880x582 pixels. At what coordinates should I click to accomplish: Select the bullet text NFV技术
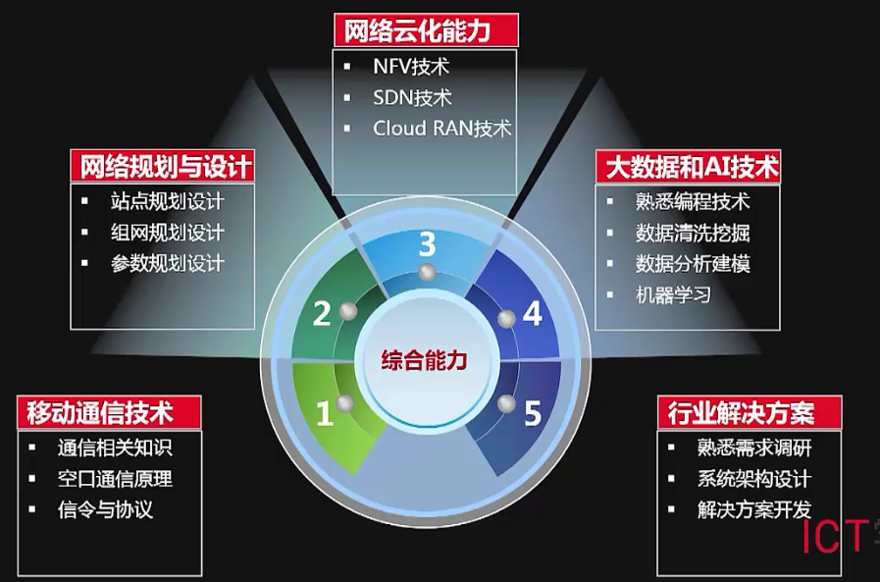coord(411,67)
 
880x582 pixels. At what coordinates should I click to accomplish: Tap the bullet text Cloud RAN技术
coord(442,128)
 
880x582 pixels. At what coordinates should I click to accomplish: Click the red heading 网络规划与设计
coord(163,165)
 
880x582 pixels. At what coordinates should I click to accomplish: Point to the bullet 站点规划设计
coord(168,202)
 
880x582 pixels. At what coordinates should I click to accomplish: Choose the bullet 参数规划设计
coord(168,263)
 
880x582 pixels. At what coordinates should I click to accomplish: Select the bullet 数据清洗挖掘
coord(693,234)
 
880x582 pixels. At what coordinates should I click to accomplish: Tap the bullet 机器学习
coord(672,294)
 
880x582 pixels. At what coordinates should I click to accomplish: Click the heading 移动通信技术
coord(109,410)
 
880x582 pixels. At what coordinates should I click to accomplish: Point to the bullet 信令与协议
coord(106,509)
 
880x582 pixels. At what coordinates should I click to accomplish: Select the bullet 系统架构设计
coord(753,479)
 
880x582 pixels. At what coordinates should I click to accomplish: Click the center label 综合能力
coord(425,360)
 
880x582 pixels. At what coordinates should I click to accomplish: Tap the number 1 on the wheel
coord(324,414)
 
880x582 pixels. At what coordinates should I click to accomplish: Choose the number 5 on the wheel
coord(532,413)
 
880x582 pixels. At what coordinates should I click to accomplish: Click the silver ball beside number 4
coord(506,318)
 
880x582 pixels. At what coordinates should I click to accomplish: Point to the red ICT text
coord(832,537)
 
